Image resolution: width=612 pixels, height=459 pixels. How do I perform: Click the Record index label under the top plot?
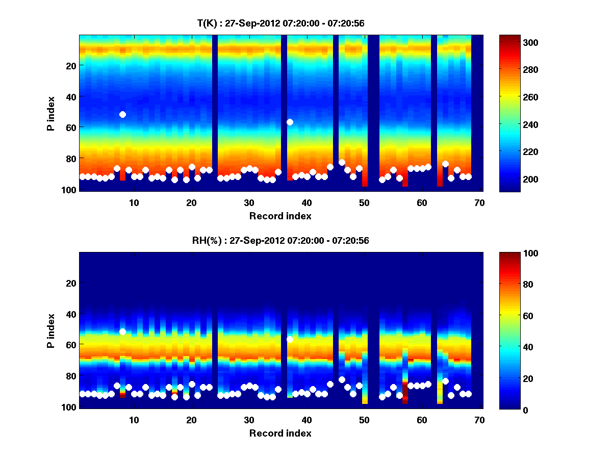click(x=280, y=216)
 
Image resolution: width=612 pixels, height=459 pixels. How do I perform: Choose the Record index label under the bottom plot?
click(x=280, y=433)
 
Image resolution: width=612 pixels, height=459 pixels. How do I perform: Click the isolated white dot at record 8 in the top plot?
click(x=122, y=114)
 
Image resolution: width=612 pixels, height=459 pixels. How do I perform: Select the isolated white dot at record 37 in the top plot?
click(x=290, y=122)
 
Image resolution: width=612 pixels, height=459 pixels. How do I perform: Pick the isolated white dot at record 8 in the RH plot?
click(x=122, y=331)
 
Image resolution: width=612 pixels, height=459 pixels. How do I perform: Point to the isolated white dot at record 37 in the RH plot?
click(x=290, y=339)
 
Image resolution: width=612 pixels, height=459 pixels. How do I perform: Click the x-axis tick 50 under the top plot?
click(x=364, y=202)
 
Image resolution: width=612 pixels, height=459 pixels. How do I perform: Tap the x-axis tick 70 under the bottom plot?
click(x=479, y=420)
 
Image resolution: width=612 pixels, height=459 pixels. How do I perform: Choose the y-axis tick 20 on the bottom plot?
click(x=70, y=283)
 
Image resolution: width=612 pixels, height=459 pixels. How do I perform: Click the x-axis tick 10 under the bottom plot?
click(x=134, y=420)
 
